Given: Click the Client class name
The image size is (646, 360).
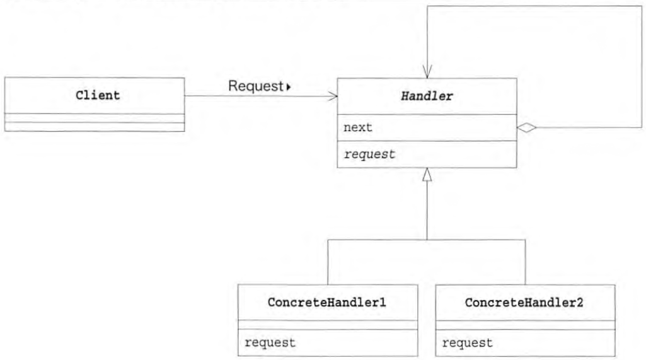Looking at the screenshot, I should coord(95,96).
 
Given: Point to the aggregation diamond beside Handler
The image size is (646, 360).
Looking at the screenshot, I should coord(526,128).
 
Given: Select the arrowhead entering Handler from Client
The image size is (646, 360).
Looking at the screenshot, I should coord(333,96).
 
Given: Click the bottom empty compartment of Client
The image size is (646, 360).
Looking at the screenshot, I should coord(95,127).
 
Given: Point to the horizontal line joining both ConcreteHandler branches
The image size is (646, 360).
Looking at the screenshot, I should coord(427,240).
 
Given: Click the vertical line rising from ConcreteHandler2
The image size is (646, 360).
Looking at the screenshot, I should coord(525,262).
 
